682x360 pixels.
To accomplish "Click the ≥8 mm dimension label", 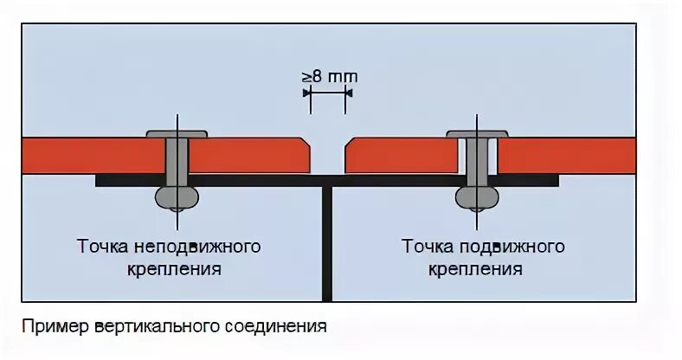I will click(x=329, y=76).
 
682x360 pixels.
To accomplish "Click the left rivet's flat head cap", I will click(x=177, y=134).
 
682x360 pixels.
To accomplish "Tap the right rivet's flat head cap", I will click(x=476, y=134).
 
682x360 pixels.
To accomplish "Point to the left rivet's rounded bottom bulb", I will click(x=177, y=196).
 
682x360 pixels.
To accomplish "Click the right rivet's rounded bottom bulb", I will click(x=477, y=196).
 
